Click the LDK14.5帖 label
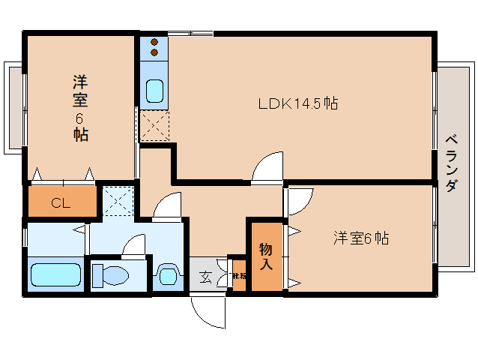(x=297, y=103)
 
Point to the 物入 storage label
(x=266, y=257)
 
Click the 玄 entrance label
(x=205, y=276)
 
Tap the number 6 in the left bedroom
(x=80, y=118)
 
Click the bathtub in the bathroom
(x=55, y=274)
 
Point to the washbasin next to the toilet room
(x=166, y=275)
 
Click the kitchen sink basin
(x=154, y=91)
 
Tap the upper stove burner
(x=154, y=43)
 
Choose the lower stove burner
(x=154, y=53)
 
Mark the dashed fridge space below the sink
(x=154, y=124)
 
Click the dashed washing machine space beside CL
(x=118, y=199)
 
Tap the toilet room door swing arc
(x=135, y=245)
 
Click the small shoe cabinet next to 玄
(x=239, y=276)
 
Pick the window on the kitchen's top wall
(x=191, y=33)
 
